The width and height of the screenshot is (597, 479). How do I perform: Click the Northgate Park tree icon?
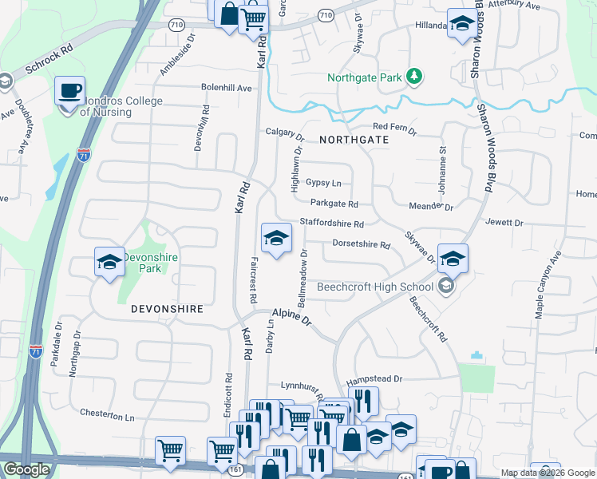pos(414,77)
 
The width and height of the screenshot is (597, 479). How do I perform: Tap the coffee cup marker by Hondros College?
pos(69,89)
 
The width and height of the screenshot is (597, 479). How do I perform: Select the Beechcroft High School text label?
pos(374,287)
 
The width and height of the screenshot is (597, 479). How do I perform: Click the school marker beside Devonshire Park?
pos(109,261)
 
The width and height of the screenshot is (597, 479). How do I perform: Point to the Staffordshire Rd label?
pos(331,224)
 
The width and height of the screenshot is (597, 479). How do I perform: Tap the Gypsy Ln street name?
pos(323,183)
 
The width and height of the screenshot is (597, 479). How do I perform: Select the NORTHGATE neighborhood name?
pos(354,139)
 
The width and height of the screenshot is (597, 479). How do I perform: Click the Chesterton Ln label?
pos(108,415)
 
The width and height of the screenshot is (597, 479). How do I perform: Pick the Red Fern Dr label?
pos(394,127)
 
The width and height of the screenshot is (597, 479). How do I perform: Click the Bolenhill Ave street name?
pos(227,88)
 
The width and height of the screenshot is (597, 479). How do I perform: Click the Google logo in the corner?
pos(26,469)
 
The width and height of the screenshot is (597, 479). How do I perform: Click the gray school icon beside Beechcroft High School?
pos(445,287)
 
